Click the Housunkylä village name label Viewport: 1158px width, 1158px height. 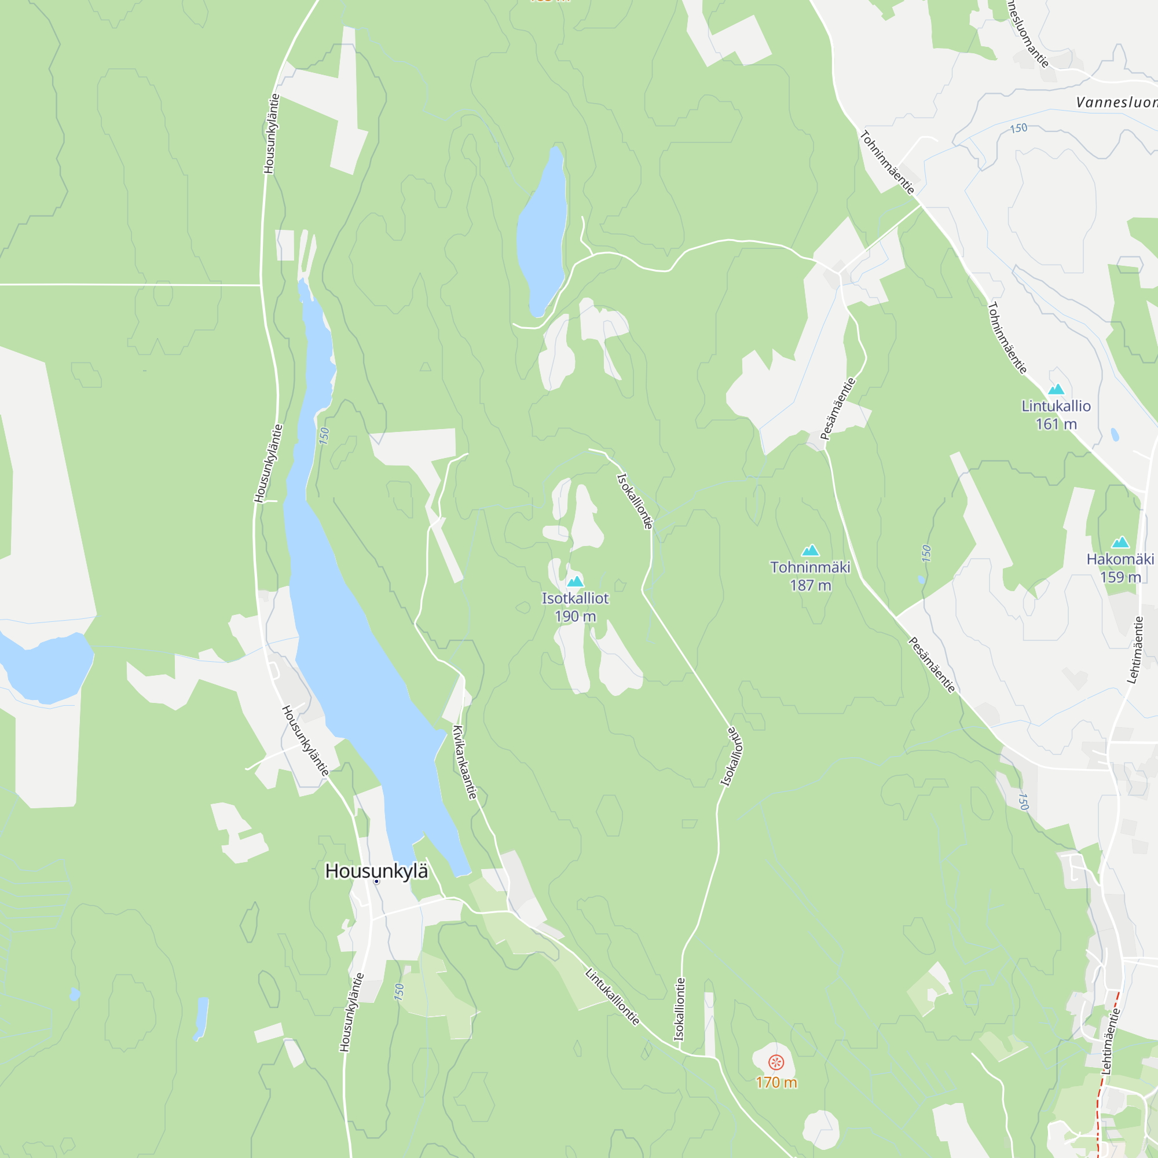tap(376, 871)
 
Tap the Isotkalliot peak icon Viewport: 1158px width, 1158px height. tap(575, 581)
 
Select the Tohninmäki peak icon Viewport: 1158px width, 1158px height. tap(811, 550)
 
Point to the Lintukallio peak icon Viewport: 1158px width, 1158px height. tap(1056, 389)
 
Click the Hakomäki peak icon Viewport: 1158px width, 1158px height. tap(1120, 543)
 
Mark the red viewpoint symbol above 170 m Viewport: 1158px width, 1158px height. tap(776, 1062)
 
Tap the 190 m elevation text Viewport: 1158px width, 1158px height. tap(575, 616)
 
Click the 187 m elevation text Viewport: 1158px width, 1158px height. tap(811, 585)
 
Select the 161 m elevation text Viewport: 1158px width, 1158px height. tap(1056, 424)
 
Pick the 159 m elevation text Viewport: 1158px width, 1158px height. tap(1120, 577)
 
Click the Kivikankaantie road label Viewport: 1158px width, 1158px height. tap(465, 763)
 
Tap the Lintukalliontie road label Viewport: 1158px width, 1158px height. tap(613, 998)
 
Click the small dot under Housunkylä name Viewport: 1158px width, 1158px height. tap(376, 882)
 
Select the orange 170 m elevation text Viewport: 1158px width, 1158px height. tap(776, 1083)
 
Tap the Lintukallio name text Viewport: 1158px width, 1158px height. tap(1056, 406)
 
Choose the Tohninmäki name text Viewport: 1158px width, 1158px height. tap(811, 567)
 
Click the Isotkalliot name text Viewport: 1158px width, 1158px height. tap(575, 598)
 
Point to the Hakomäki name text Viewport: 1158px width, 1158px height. tap(1120, 559)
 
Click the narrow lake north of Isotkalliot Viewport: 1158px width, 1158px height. tap(541, 234)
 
